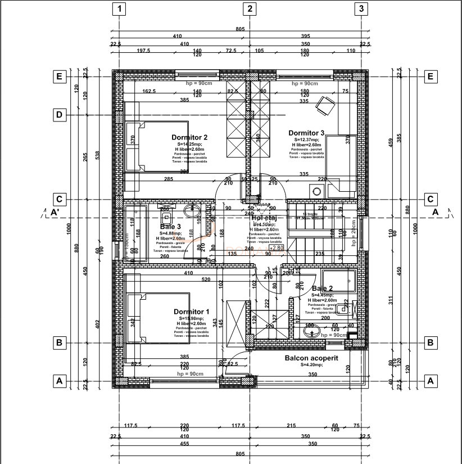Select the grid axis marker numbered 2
[250, 8]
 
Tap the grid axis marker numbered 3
[361, 8]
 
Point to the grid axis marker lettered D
[59, 115]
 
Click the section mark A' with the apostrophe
[55, 212]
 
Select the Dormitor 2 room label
[190, 137]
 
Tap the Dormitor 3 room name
[306, 133]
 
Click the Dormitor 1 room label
[191, 312]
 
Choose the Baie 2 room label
[322, 288]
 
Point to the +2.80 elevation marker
[277, 247]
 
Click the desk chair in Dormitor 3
[324, 105]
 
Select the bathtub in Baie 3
[135, 232]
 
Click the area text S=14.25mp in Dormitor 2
[189, 144]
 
